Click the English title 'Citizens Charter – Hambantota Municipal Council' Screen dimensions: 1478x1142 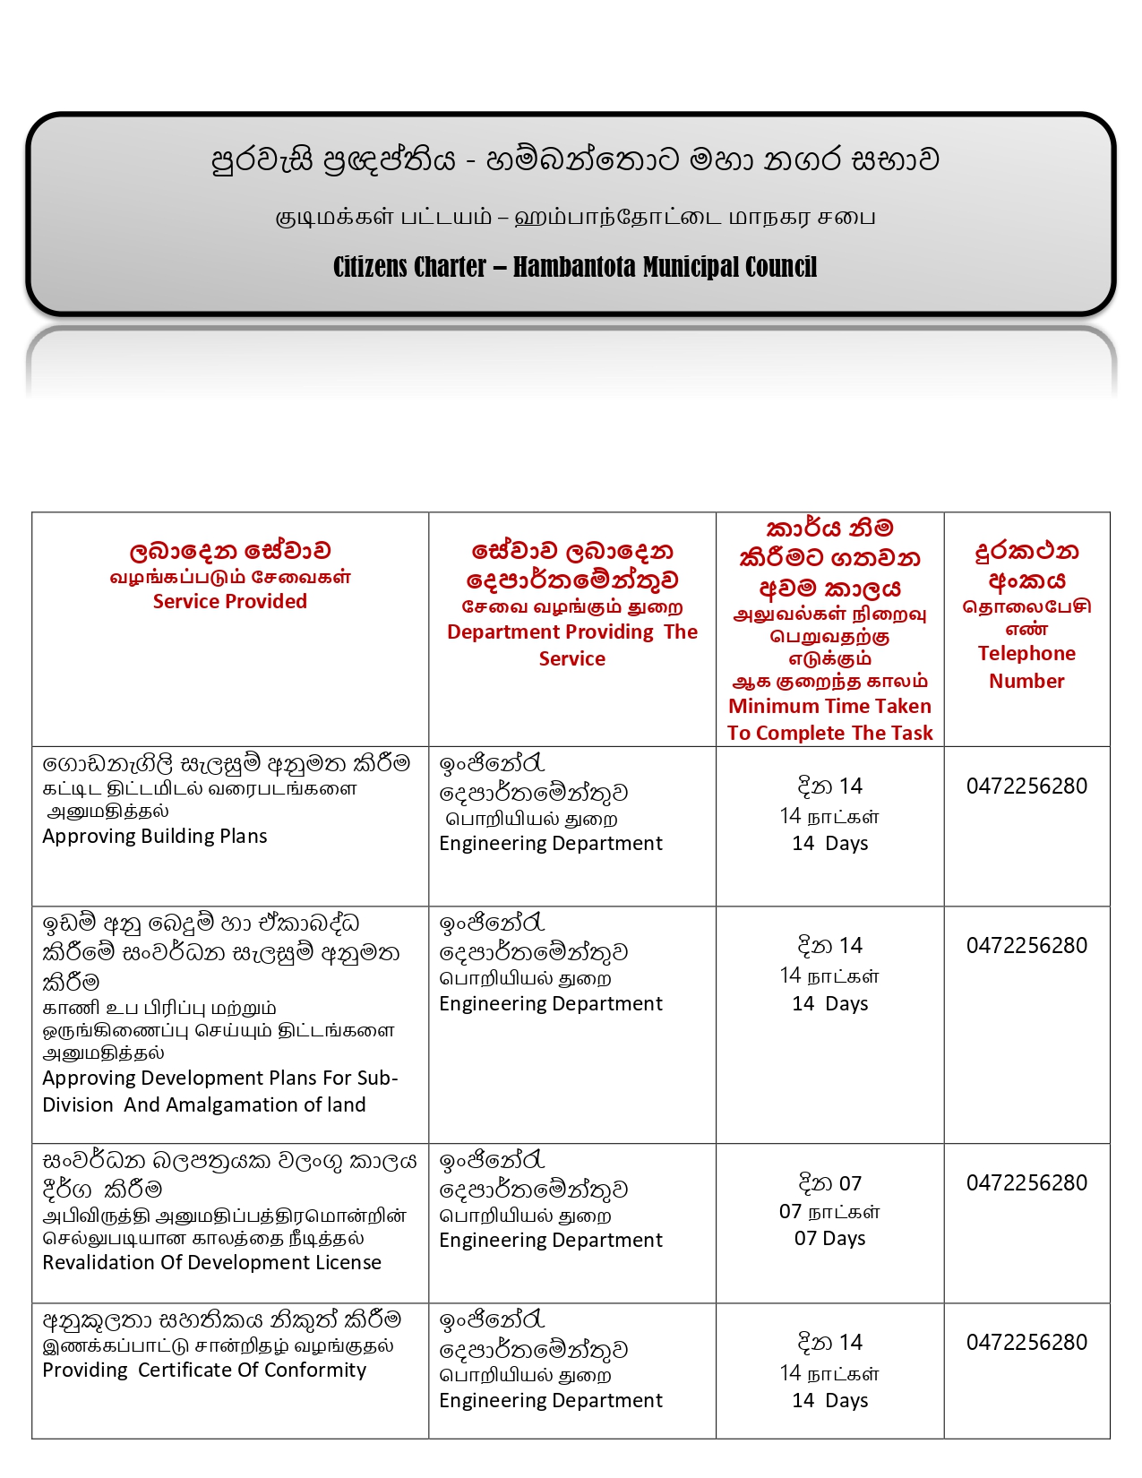pos(574,267)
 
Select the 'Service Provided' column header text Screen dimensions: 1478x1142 pos(229,601)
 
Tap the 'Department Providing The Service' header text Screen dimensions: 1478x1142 pos(571,645)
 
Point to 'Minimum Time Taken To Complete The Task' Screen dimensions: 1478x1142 pos(829,719)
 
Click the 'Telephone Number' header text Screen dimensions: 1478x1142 pos(1026,666)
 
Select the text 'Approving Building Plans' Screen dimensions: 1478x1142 pos(155,836)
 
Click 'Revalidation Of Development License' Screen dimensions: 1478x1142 pos(211,1262)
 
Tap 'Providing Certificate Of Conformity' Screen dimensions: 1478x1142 pos(204,1370)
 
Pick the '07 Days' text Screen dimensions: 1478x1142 pos(829,1238)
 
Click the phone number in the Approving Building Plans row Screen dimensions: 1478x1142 pos(1026,786)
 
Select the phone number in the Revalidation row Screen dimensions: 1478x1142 pos(1026,1182)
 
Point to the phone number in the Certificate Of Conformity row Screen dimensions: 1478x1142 pos(1026,1342)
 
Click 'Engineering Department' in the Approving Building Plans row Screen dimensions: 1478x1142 pos(551,843)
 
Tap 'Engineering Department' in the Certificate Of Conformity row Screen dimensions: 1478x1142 pos(551,1400)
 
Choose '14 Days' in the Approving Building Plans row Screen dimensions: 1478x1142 pos(829,843)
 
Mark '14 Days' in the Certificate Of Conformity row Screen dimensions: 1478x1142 pos(829,1400)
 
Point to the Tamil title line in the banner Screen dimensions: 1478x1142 pos(574,217)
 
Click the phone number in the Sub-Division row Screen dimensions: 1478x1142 pos(1026,945)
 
